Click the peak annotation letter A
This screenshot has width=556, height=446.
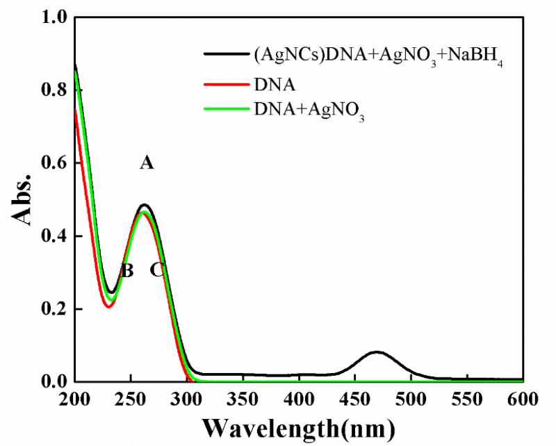click(146, 163)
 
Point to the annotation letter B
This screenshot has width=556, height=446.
click(126, 271)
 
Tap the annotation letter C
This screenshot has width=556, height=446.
click(158, 270)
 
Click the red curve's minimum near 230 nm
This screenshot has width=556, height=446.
click(108, 306)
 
